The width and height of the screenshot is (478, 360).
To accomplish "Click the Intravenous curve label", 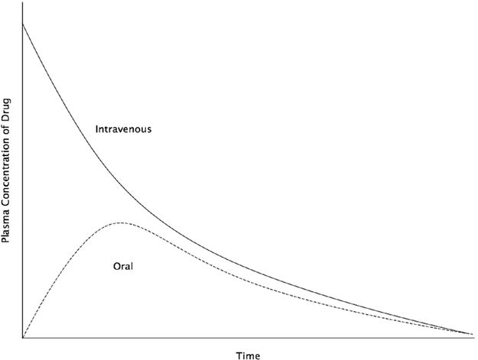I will [x=123, y=129].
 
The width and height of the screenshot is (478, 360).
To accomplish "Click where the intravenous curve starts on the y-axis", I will [x=23, y=24].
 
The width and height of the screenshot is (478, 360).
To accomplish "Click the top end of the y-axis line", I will [x=23, y=3].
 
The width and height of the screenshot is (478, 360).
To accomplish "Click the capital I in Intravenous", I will [x=97, y=129].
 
